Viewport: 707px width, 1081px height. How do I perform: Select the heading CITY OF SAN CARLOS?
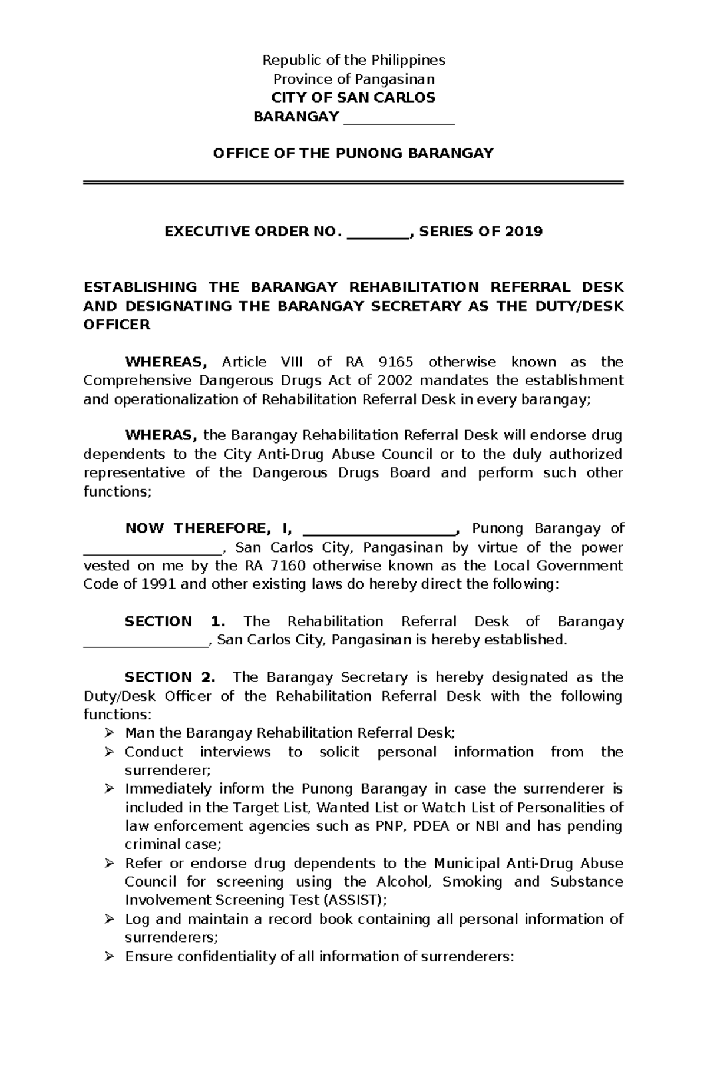353,98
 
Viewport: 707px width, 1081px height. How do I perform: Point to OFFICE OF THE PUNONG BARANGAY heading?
353,154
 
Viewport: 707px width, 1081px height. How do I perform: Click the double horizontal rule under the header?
353,183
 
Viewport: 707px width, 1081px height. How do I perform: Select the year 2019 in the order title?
523,232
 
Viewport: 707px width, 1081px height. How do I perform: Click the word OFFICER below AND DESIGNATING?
117,325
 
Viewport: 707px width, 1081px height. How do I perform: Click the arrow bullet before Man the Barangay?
108,733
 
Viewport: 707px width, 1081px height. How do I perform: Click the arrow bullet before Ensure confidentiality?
108,957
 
